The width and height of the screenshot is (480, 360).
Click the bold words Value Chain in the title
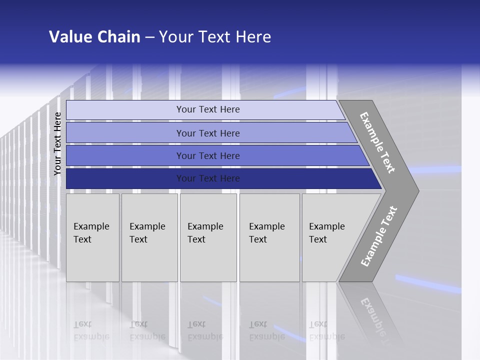coord(94,37)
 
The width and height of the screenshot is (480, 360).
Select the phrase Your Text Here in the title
coord(215,37)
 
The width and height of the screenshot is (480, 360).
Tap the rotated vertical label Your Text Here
coord(57,143)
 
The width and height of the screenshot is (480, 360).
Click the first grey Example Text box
coord(92,237)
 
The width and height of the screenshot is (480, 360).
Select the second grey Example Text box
coord(149,237)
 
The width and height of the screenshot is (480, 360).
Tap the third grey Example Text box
coord(208,237)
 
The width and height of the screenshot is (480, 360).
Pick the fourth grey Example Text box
coord(269,237)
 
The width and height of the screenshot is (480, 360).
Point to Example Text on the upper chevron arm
coord(377,142)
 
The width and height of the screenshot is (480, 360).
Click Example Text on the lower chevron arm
coord(378,236)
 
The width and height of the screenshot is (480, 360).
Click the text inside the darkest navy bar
coord(208,178)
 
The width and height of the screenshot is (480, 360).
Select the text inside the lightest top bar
coord(208,109)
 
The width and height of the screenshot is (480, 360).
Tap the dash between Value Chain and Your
coord(149,37)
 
